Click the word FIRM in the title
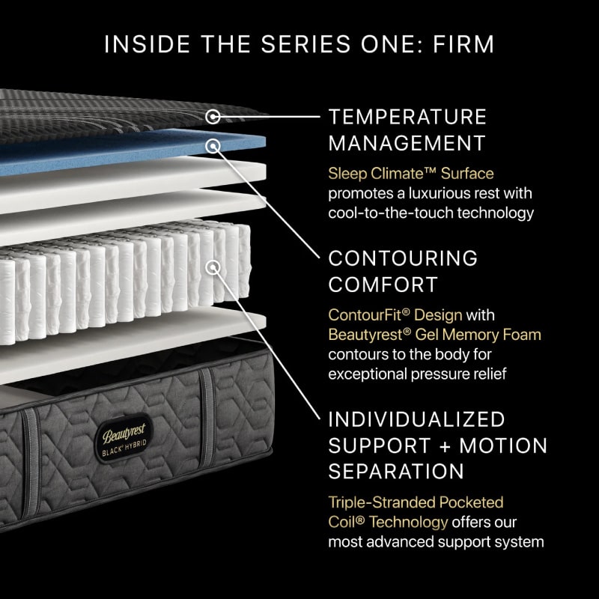click(x=463, y=44)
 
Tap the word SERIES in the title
click(x=305, y=44)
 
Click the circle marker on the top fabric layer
click(x=213, y=117)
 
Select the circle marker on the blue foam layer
click(x=213, y=145)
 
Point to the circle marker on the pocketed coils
click(x=213, y=267)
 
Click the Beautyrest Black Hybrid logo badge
click(x=124, y=438)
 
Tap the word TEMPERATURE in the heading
click(x=407, y=117)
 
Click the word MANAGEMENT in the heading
click(x=407, y=143)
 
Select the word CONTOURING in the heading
click(x=403, y=258)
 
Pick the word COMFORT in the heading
click(x=383, y=285)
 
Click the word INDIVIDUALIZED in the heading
click(x=417, y=419)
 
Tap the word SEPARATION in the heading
click(x=396, y=472)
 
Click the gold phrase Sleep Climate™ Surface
click(x=411, y=174)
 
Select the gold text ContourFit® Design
click(x=395, y=315)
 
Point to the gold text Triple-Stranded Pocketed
click(x=416, y=502)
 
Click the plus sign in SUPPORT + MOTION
click(x=445, y=446)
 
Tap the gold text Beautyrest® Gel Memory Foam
click(x=435, y=335)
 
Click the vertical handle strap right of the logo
click(x=207, y=417)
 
